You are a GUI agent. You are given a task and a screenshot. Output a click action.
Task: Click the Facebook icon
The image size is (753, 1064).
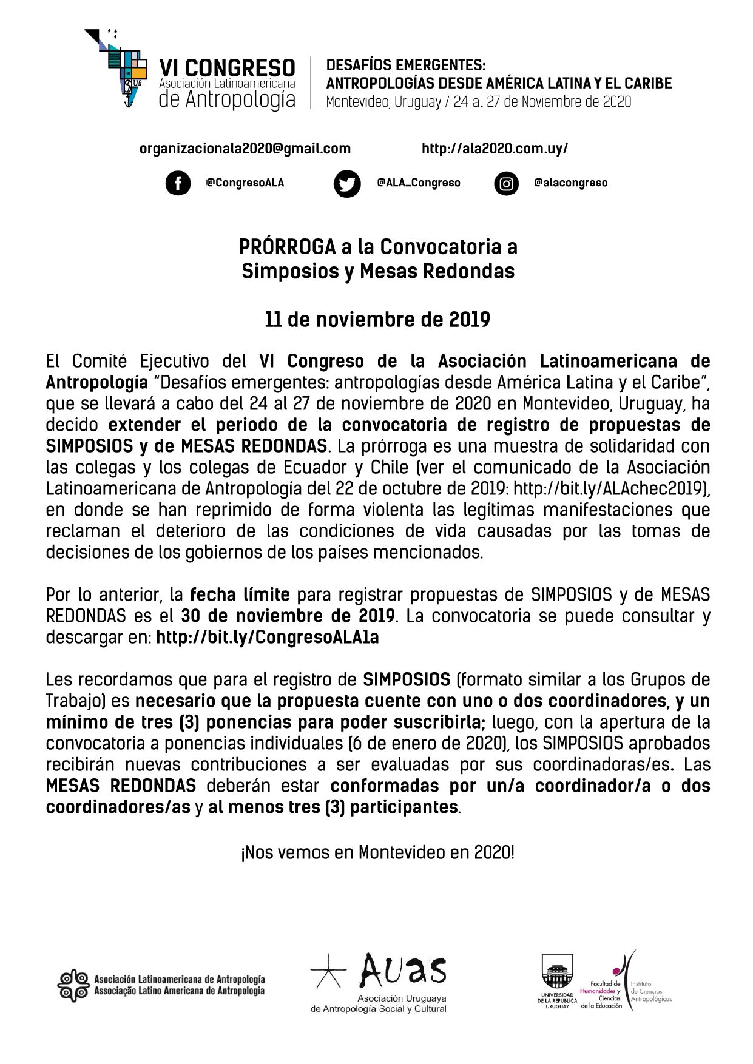pos(178,183)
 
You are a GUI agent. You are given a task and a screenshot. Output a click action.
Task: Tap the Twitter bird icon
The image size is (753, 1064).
pos(347,184)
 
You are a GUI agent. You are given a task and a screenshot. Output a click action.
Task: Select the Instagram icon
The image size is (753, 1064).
pos(506,183)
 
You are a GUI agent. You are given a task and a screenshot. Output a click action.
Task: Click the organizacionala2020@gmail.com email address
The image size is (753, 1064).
pos(245,149)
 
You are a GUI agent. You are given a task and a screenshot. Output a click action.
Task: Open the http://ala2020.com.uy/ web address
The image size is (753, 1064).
pos(495,149)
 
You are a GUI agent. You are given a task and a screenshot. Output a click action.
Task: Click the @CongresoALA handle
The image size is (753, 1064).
pos(245,183)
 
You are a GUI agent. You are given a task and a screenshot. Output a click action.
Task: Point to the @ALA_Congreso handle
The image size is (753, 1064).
pos(419,183)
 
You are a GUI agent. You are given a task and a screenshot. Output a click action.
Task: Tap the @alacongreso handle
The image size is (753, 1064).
pos(570,183)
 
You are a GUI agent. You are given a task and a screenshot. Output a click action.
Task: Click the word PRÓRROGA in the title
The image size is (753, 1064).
pos(287,247)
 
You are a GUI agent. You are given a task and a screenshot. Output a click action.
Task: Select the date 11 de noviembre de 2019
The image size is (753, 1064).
pos(377,320)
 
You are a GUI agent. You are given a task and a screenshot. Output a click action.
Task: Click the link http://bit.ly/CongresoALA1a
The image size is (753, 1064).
pos(267,638)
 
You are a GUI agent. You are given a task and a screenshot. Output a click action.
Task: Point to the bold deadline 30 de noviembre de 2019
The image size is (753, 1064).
pos(288,616)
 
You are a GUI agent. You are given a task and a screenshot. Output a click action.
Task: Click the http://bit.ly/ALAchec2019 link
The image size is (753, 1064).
pos(610,489)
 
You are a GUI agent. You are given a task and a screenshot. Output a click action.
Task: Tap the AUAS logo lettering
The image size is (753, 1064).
pos(403,970)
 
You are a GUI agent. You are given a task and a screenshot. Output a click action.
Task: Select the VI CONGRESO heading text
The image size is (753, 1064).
pos(227,68)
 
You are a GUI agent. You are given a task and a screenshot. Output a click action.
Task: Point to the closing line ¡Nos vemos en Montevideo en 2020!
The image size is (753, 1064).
pos(377,853)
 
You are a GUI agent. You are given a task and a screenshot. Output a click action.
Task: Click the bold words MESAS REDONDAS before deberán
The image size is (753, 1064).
pos(121,786)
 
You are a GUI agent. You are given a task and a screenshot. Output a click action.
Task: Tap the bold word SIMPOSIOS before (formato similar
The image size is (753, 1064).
pos(407,680)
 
